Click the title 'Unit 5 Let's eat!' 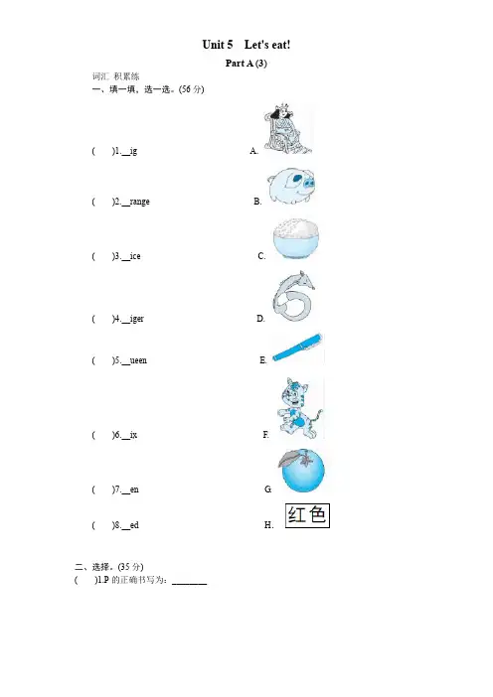(x=246, y=45)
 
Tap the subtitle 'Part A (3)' (x=246, y=64)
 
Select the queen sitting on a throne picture (x=288, y=129)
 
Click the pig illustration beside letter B (x=291, y=186)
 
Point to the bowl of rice (x=296, y=239)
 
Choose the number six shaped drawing (x=293, y=296)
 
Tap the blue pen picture (x=297, y=347)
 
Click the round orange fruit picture (x=302, y=471)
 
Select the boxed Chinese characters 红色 (x=307, y=515)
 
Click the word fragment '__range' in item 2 (x=135, y=202)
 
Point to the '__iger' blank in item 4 (x=132, y=319)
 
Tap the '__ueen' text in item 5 (x=134, y=360)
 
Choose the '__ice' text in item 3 (x=131, y=256)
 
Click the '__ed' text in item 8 (x=130, y=525)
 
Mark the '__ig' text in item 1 (x=129, y=151)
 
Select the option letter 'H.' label (x=268, y=525)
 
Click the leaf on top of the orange (x=290, y=458)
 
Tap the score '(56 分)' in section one (x=191, y=89)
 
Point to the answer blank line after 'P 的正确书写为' (x=189, y=584)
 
